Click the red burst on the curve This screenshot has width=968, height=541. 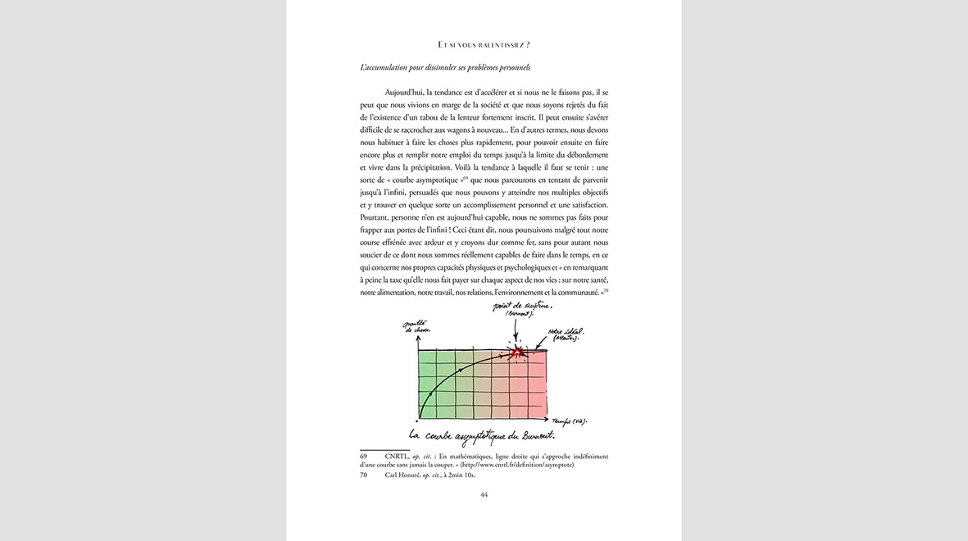tap(517, 352)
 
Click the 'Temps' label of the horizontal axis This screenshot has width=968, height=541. tap(569, 421)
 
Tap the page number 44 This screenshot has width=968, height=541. tap(484, 494)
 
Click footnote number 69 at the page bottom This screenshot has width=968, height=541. tap(364, 456)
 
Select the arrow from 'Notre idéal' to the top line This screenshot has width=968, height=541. tap(542, 345)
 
